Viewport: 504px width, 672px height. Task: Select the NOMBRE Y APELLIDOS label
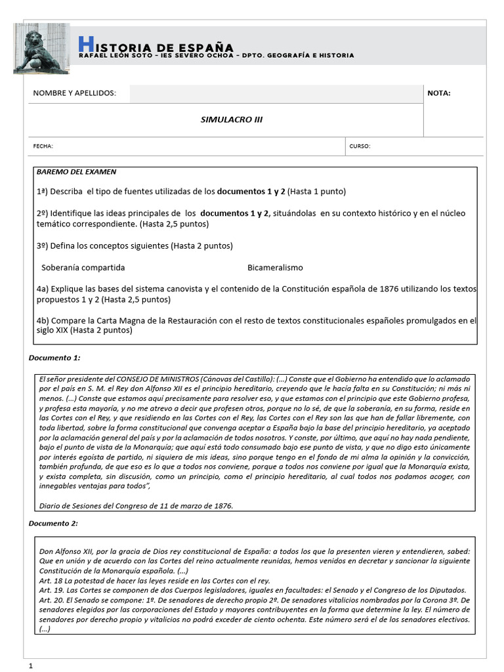click(74, 93)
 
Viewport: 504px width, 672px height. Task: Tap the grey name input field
click(276, 94)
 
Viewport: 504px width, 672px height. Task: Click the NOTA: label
click(439, 93)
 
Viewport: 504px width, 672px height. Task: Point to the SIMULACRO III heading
click(225, 120)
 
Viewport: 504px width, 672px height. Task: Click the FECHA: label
click(43, 146)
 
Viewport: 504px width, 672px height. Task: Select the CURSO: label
click(360, 146)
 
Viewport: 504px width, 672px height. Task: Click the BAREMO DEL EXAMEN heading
click(76, 172)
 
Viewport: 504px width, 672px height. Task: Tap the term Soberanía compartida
click(83, 268)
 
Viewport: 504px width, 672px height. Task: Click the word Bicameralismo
click(275, 268)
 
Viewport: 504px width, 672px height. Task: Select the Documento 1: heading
click(54, 358)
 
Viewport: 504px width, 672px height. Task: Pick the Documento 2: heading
click(54, 523)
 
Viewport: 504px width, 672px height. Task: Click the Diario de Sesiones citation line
click(136, 506)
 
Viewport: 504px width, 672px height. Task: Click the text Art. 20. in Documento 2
click(51, 600)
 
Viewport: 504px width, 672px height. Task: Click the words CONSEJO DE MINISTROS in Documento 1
click(155, 379)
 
